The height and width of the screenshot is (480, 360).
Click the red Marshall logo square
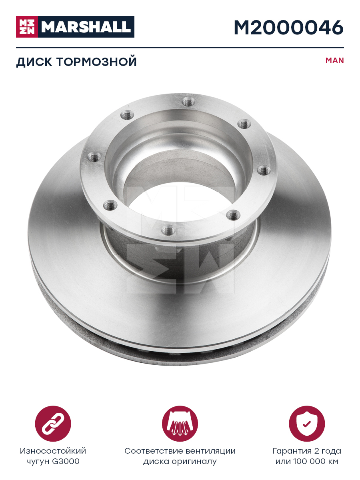point(27,27)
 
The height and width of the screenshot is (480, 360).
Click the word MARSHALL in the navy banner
point(86,27)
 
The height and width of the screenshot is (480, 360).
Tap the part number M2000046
point(289,28)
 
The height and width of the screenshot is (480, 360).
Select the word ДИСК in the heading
point(34,62)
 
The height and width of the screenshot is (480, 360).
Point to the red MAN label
point(335,60)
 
